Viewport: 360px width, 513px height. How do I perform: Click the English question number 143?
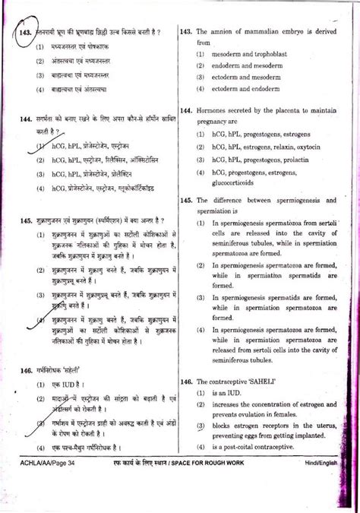click(x=189, y=32)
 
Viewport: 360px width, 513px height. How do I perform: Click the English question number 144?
click(x=189, y=111)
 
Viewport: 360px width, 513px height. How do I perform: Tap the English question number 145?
click(x=189, y=200)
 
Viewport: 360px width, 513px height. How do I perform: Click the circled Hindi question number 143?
click(x=23, y=33)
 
